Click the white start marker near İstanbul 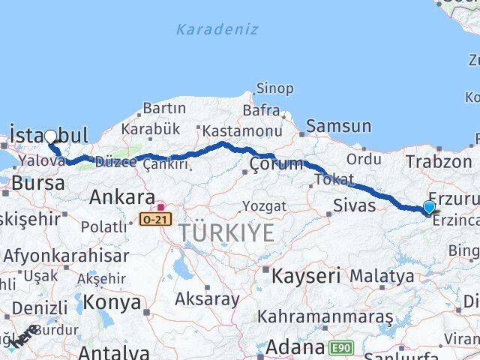pyautogui.click(x=50, y=136)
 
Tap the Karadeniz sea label pyautogui.click(x=217, y=30)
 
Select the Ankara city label pyautogui.click(x=121, y=197)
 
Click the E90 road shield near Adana pyautogui.click(x=340, y=347)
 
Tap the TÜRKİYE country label pyautogui.click(x=226, y=233)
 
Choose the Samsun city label pyautogui.click(x=338, y=127)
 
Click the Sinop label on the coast pyautogui.click(x=274, y=89)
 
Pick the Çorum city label pyautogui.click(x=276, y=163)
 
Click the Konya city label pyautogui.click(x=113, y=302)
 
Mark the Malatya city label pyautogui.click(x=381, y=276)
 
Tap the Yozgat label pyautogui.click(x=265, y=205)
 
